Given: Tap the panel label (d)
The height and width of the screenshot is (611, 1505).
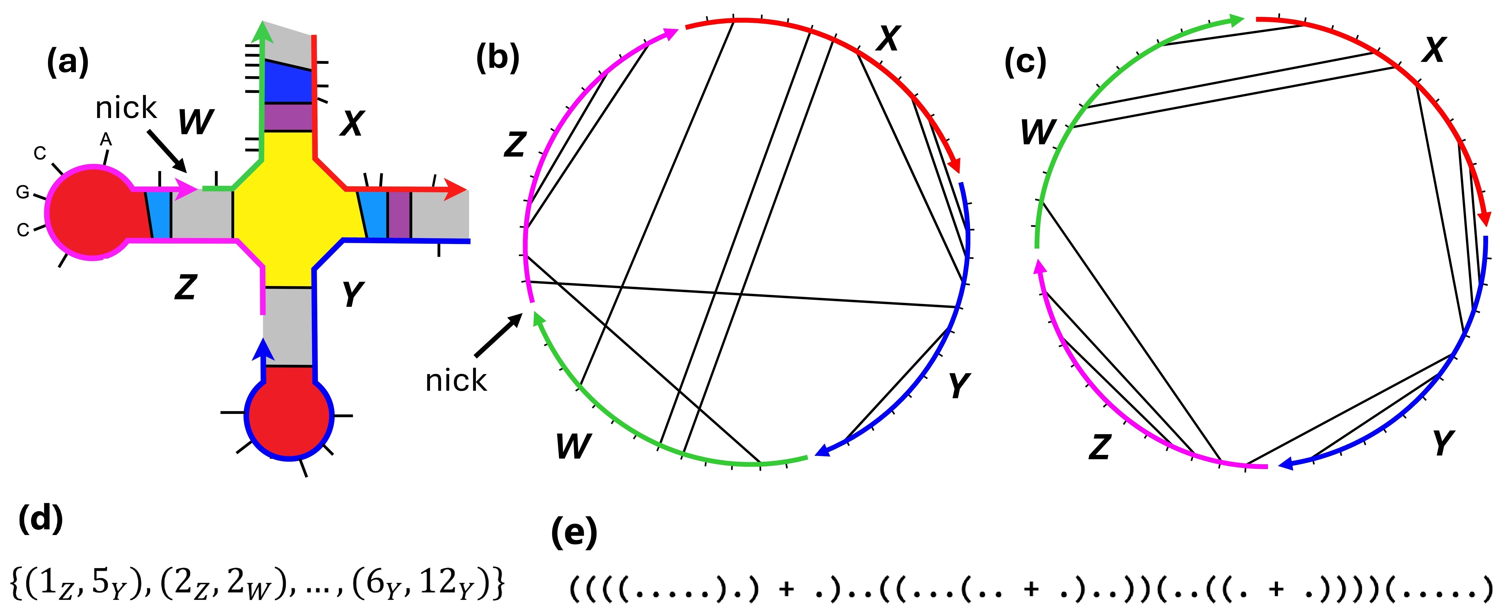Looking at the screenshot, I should click(40, 518).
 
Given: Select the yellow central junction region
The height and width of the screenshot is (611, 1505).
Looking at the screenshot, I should click(289, 213).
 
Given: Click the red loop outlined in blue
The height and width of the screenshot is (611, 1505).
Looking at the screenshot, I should click(289, 415).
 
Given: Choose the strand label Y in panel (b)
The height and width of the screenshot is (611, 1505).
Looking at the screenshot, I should click(958, 385).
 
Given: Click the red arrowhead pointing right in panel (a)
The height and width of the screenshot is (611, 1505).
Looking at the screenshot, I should click(456, 190).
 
